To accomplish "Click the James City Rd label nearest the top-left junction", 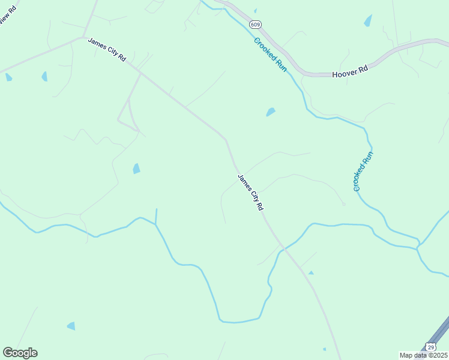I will click(x=107, y=49).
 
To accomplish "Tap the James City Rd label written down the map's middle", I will click(x=251, y=192).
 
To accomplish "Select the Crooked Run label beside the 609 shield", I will click(x=270, y=55).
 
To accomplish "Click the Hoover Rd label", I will click(x=349, y=71).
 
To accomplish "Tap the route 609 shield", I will click(x=256, y=25).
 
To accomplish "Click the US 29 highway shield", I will click(x=431, y=347).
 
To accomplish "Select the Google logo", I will click(x=20, y=353).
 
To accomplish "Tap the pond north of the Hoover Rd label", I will click(x=367, y=20).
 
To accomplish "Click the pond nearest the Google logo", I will click(x=71, y=326).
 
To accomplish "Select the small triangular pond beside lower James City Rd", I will click(x=311, y=273).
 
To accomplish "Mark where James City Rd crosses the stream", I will click(x=283, y=247).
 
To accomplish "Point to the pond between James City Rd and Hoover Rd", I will click(x=271, y=112).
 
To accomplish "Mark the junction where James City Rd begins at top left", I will click(x=83, y=37).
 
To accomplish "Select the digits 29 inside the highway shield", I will click(x=431, y=347).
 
